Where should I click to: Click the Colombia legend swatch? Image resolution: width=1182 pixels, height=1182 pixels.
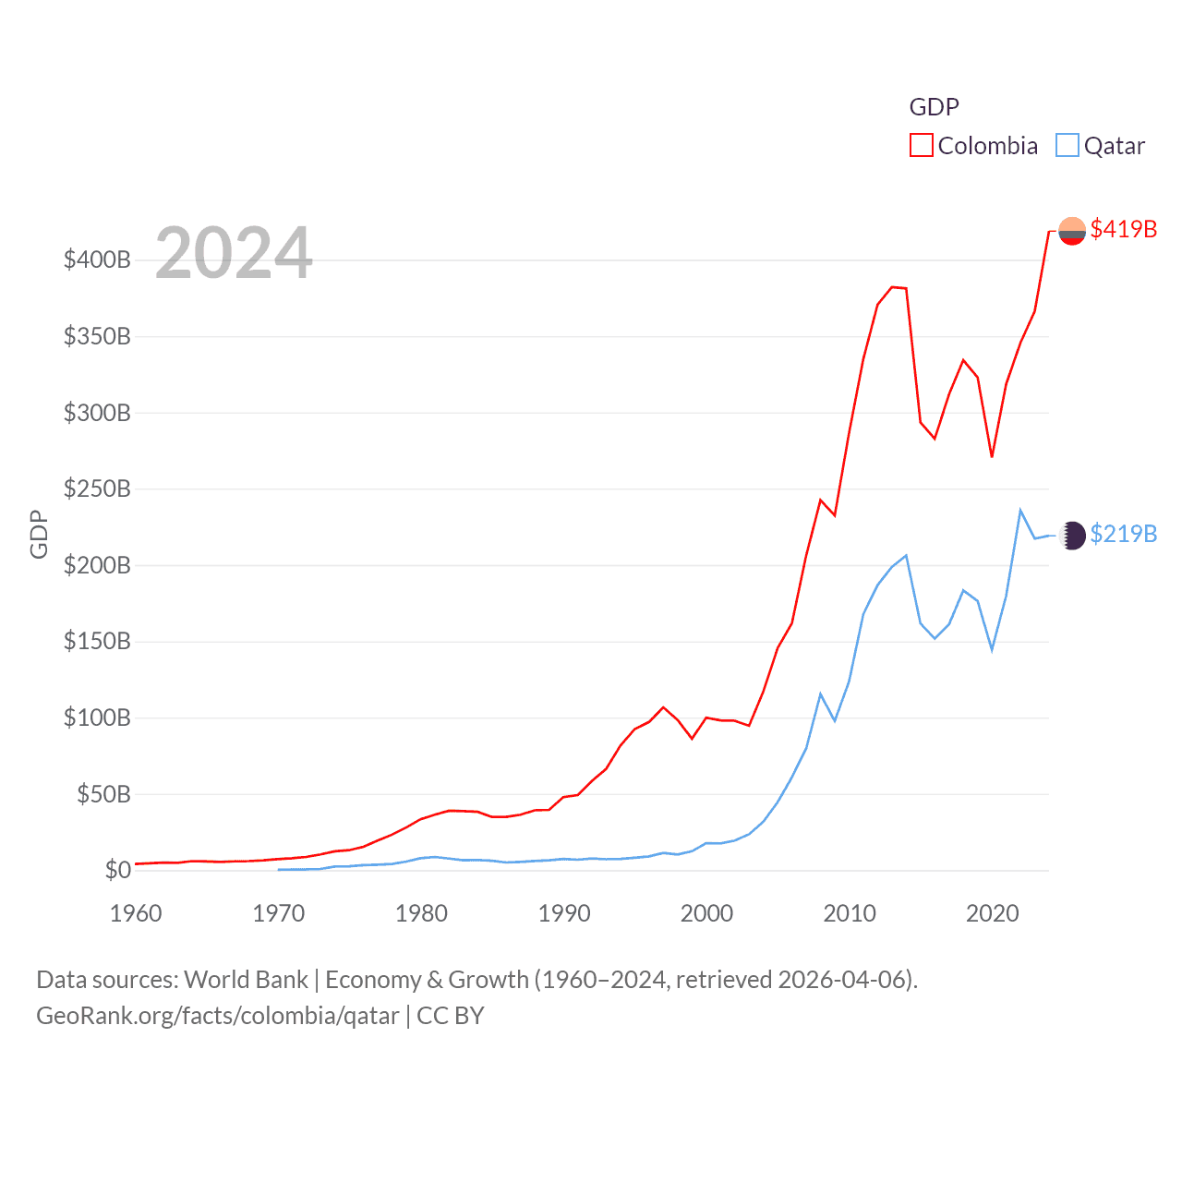pos(922,146)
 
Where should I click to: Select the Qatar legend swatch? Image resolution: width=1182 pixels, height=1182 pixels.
pos(1067,146)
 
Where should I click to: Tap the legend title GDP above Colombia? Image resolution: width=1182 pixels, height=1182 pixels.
pos(934,107)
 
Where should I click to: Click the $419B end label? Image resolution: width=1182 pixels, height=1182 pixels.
pos(1123,229)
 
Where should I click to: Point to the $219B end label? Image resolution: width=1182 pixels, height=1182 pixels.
pos(1123,534)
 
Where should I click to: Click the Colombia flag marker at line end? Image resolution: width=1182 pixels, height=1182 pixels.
pos(1072,231)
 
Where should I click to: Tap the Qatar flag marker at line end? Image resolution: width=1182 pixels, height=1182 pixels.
pos(1073,536)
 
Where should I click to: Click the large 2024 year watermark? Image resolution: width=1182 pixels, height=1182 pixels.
pos(234,252)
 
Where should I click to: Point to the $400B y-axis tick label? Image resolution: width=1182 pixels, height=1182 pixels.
pos(97,259)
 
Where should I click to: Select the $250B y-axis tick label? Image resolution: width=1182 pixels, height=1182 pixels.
pos(97,488)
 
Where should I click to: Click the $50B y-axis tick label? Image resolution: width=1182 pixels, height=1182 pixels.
pos(103,794)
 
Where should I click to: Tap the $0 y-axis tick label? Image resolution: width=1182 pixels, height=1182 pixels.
pos(117,870)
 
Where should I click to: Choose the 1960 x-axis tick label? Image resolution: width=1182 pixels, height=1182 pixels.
pos(136,913)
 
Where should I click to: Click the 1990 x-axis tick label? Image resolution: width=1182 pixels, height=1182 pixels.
pos(564,913)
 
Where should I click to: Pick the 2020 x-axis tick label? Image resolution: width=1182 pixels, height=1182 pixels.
pos(993,913)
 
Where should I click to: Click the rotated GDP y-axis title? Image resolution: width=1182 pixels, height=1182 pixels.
pos(39,534)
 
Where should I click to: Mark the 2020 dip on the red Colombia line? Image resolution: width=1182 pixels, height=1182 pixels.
pos(992,456)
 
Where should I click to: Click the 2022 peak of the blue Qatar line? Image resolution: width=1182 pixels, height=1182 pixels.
pos(1020,510)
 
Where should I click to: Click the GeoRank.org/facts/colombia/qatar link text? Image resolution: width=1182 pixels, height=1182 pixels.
pos(218,1016)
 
